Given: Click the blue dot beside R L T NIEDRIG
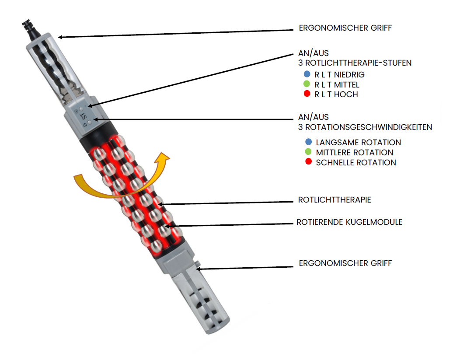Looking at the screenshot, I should click(x=307, y=74).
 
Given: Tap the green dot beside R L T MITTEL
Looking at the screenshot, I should click(x=307, y=84).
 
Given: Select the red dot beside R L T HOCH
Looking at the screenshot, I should click(x=307, y=94).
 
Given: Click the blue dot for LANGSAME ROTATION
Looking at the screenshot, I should click(x=308, y=142).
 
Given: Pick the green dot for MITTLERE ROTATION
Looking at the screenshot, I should click(x=308, y=152).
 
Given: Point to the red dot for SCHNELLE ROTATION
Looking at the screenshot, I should click(x=308, y=162).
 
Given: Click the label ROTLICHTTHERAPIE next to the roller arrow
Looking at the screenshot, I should click(x=335, y=200).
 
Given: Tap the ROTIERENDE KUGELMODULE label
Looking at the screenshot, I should click(x=349, y=222).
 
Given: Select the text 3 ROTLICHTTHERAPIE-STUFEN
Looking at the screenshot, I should click(x=354, y=63).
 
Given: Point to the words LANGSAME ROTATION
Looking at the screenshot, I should click(x=358, y=143).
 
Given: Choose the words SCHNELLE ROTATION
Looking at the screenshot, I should click(x=356, y=163).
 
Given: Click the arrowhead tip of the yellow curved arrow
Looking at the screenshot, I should click(x=165, y=154).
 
